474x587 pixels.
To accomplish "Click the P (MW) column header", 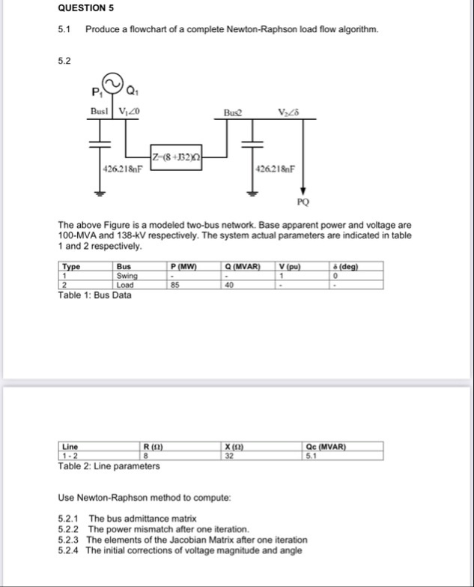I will click(183, 265).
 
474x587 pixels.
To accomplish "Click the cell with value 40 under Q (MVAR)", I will click(228, 284).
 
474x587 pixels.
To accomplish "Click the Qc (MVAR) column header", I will click(326, 447).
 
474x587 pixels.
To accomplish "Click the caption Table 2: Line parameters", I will click(109, 466).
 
